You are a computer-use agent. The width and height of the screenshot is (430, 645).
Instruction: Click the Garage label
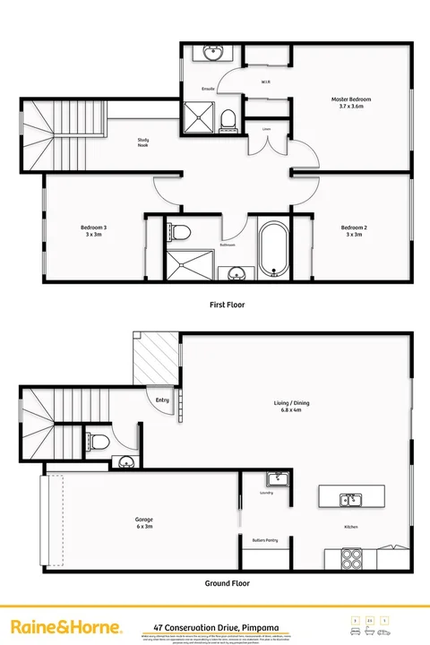pyautogui.click(x=144, y=522)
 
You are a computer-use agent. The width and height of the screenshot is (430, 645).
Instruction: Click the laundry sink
pyautogui.click(x=278, y=478)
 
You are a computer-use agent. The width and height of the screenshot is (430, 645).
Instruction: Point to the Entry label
pyautogui.click(x=162, y=400)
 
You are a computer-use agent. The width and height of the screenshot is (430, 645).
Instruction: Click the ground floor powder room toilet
pyautogui.click(x=101, y=440)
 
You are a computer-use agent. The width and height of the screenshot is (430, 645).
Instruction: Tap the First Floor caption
pyautogui.click(x=227, y=305)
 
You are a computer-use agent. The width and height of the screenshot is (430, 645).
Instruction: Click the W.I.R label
pyautogui.click(x=266, y=82)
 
